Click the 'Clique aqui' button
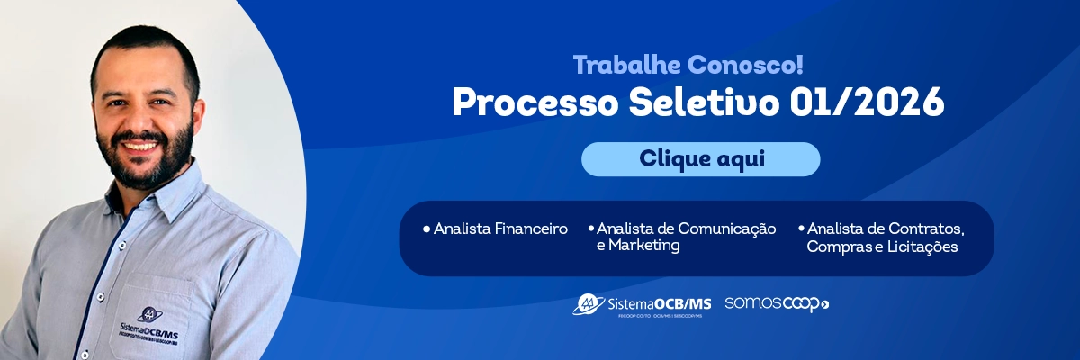pos(700,159)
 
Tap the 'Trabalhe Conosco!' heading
pos(688,65)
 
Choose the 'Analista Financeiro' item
pos(499,229)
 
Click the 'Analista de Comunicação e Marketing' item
pos(685,237)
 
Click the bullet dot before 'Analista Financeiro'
pos(426,229)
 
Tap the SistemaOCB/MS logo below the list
pos(642,304)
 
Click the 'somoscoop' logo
pos(777,303)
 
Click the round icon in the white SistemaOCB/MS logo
pos(589,303)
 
